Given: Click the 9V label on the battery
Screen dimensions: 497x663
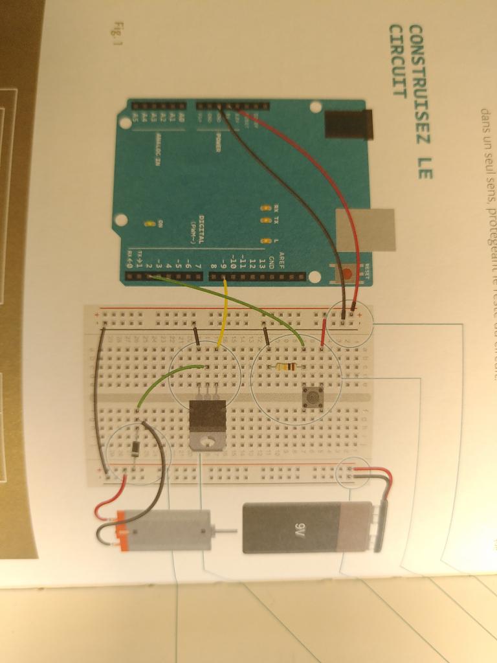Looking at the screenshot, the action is tap(299, 527).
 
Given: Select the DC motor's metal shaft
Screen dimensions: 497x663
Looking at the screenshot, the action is tap(221, 531).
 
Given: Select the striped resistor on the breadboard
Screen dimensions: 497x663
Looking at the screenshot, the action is tap(285, 367).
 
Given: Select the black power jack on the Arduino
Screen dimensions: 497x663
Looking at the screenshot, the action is tap(349, 124).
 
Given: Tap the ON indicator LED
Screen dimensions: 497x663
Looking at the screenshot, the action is tap(151, 224).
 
